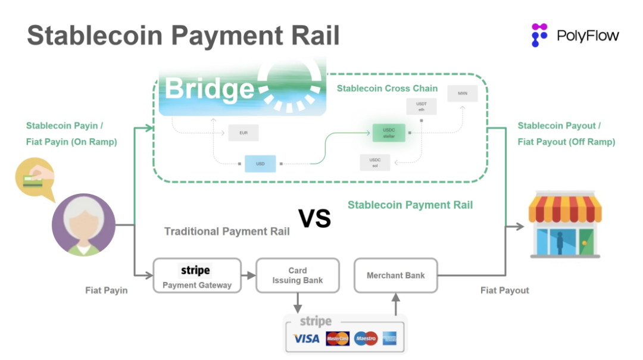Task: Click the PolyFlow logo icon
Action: pos(539,35)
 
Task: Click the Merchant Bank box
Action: pos(396,276)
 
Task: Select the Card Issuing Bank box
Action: pos(298,275)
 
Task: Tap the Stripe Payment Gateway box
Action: pos(197,275)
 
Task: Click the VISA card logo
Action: pos(307,339)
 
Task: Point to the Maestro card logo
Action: pos(366,339)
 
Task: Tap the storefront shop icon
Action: pos(565,224)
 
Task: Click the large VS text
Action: pos(315,219)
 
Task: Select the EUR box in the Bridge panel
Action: pos(244,133)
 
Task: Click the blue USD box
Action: pos(261,164)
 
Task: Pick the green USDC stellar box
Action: pos(389,132)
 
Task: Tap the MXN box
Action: pos(463,95)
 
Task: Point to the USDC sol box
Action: pos(375,162)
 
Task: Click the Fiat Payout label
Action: pos(505,290)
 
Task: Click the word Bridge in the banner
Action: pos(209,89)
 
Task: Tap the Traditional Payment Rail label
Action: pos(227,231)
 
